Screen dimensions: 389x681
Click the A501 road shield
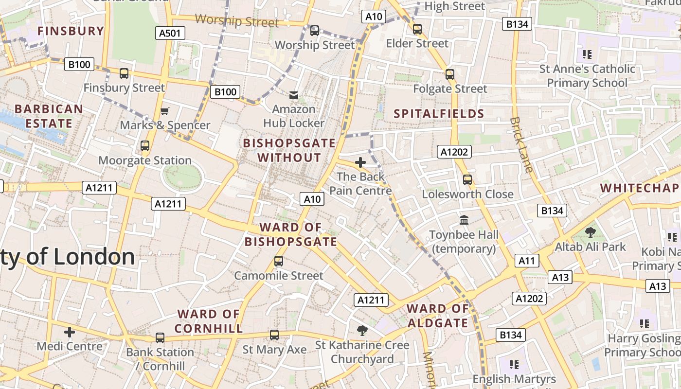tap(170, 33)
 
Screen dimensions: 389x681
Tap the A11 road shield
tap(526, 261)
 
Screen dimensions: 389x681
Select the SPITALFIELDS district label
tap(439, 114)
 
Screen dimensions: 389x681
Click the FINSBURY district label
tap(71, 31)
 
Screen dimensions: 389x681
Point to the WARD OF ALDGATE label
tap(437, 316)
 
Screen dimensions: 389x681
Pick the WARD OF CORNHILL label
tap(209, 321)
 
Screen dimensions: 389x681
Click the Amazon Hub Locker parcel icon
tap(294, 95)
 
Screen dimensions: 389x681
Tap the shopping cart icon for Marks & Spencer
tap(165, 111)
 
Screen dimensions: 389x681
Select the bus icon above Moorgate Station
tap(144, 145)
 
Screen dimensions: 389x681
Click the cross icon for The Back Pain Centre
tap(360, 162)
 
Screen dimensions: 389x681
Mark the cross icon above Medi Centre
tap(70, 332)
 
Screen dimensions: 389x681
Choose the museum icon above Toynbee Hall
tap(464, 220)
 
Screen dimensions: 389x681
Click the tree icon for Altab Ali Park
tap(591, 232)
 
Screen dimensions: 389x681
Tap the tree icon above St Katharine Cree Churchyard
tap(362, 331)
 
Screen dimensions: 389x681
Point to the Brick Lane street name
tap(521, 144)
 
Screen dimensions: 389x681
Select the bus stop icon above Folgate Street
tap(450, 74)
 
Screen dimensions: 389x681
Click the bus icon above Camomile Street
tap(278, 261)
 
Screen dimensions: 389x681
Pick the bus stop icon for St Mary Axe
tap(274, 335)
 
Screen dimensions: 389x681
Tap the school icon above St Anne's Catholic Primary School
tap(587, 54)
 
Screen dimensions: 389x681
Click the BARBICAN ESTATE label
tap(49, 116)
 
